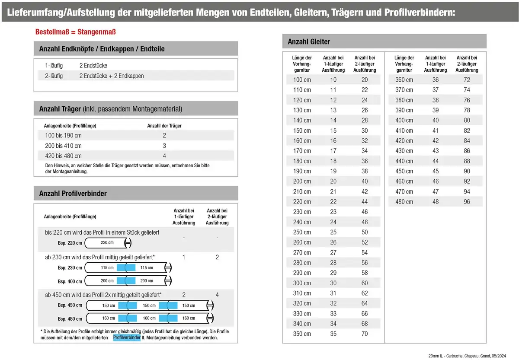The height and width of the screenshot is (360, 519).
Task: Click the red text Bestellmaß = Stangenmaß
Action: point(75,32)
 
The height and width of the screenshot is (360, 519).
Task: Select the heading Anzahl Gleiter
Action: point(309,41)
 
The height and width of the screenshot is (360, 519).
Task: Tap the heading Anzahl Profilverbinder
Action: point(73,193)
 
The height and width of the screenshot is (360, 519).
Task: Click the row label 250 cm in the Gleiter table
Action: point(302,233)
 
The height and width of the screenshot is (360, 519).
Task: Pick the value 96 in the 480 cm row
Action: point(467,202)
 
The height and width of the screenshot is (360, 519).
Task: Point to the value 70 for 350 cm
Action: point(365,334)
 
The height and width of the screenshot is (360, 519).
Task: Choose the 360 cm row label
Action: point(404,80)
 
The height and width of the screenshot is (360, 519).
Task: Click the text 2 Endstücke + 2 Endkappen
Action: point(112,76)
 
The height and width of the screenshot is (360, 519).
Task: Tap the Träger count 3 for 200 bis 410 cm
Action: point(164,146)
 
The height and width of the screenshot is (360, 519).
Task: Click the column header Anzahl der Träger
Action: point(164,126)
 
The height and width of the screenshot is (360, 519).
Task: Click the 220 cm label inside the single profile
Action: point(107,243)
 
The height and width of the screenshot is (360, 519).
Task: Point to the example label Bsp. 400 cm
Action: point(70,282)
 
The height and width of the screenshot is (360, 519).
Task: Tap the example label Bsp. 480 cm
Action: point(70,319)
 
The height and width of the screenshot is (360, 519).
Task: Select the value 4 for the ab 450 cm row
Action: point(217,295)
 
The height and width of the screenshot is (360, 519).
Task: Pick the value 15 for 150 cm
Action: point(333,131)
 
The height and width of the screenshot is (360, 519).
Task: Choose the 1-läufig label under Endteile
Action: point(54,66)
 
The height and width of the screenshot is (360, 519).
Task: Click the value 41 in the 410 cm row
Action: point(435,131)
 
